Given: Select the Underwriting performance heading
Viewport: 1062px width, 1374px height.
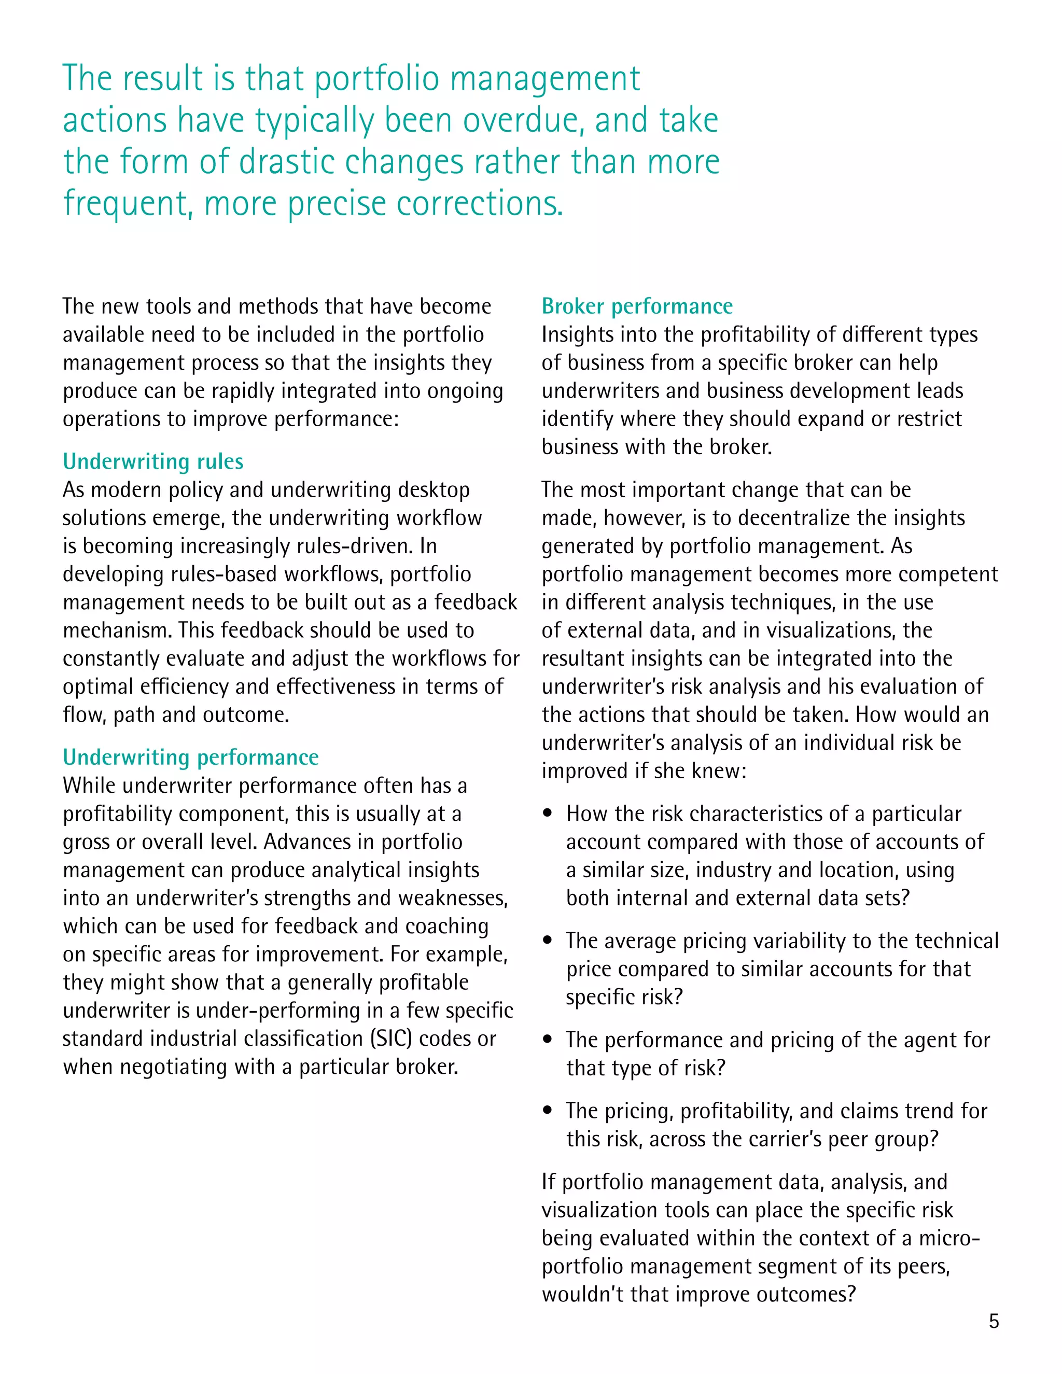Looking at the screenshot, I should (191, 757).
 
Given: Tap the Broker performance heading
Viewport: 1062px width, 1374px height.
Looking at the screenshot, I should (637, 306).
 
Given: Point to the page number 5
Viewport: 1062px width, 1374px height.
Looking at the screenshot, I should (994, 1321).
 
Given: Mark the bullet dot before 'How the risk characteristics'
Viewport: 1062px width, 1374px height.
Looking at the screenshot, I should (548, 813).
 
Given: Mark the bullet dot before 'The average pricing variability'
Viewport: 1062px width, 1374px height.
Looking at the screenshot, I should (548, 941).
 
